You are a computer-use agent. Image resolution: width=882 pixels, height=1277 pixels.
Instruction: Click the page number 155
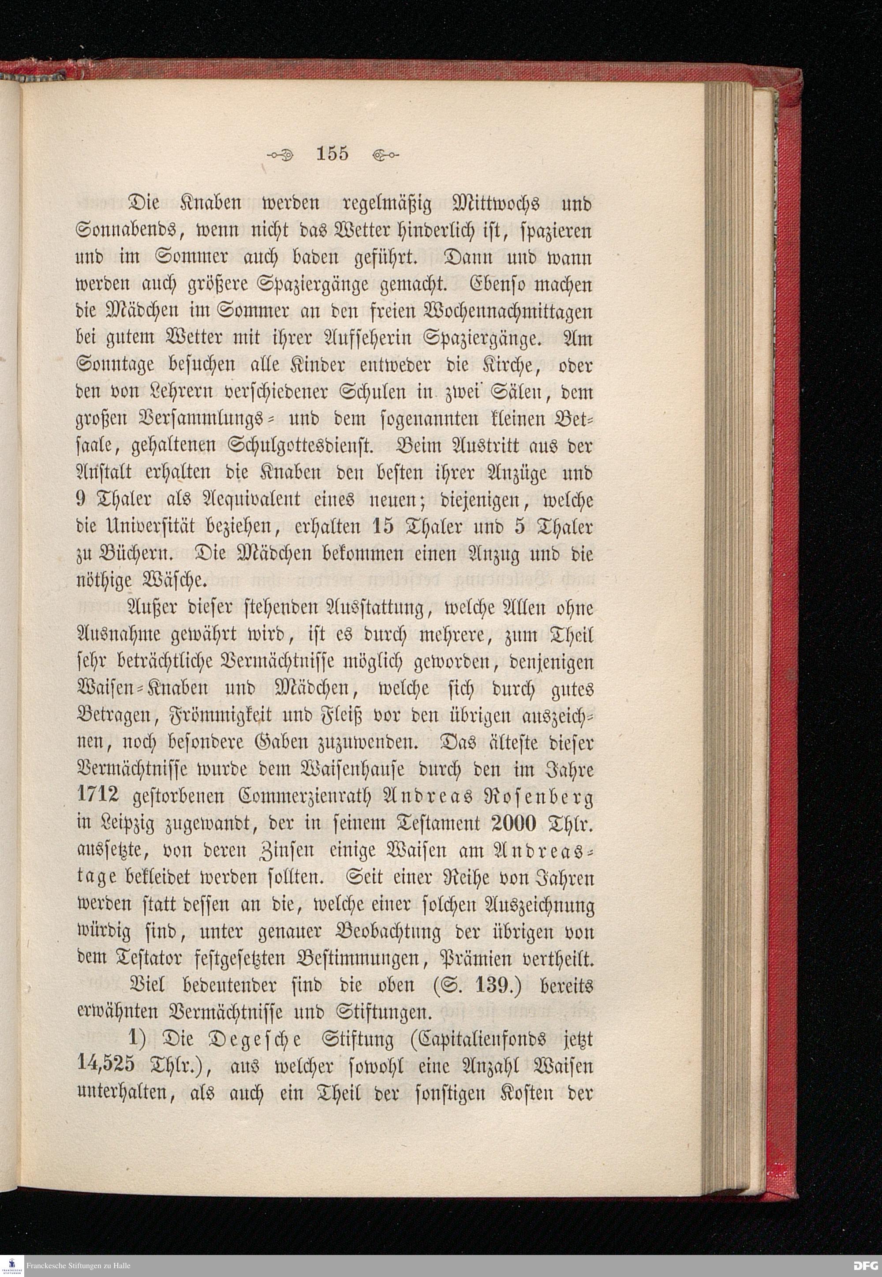point(332,153)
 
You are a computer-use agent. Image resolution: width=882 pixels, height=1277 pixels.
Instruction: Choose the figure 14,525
point(108,1065)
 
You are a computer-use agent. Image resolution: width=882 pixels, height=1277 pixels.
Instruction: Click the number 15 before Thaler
point(382,526)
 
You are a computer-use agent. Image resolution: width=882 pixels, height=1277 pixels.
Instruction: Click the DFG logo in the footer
point(865,1266)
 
